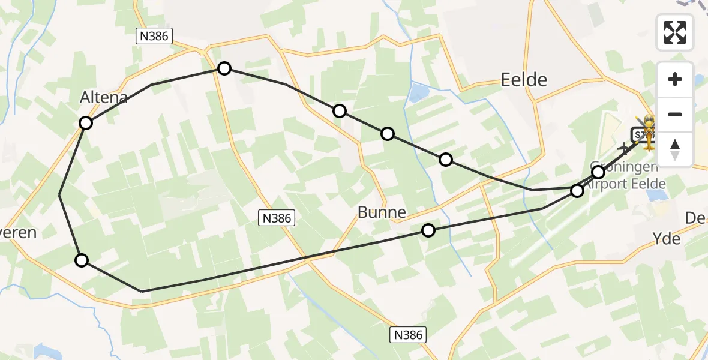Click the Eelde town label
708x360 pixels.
[x=524, y=79]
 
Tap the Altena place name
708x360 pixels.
[x=104, y=97]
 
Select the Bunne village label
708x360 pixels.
[x=382, y=212]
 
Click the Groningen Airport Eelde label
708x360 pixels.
[x=624, y=175]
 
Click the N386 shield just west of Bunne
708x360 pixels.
[x=277, y=218]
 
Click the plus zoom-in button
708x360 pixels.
[x=675, y=79]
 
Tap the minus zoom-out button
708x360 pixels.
[x=675, y=114]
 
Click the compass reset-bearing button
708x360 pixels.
[x=675, y=149]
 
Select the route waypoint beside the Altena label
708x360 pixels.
[x=86, y=123]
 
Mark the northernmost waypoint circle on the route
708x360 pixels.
[x=224, y=68]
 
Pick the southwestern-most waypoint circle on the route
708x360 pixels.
[x=82, y=260]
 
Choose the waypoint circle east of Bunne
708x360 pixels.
[x=428, y=230]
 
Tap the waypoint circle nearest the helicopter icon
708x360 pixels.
[x=598, y=172]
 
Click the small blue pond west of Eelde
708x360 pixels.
[x=418, y=92]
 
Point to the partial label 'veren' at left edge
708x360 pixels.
[x=19, y=233]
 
